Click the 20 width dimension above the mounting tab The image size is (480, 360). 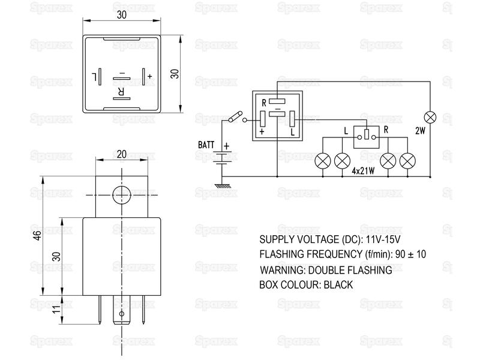[x=121, y=154]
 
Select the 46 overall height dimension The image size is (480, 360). [x=37, y=236]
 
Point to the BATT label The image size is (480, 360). [x=206, y=145]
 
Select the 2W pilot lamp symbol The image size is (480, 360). [x=430, y=116]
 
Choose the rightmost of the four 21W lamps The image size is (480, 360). [x=409, y=160]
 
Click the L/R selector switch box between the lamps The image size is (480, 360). [x=364, y=137]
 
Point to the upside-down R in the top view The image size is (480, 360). [x=121, y=92]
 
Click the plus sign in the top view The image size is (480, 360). [x=149, y=76]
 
